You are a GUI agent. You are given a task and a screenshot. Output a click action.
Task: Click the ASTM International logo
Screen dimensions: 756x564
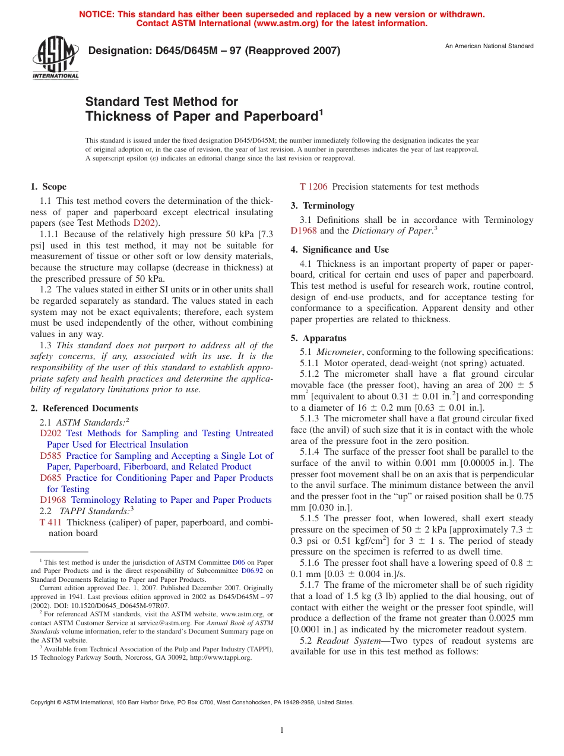point(55,58)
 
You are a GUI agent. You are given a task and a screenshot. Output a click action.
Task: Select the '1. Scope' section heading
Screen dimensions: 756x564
point(49,187)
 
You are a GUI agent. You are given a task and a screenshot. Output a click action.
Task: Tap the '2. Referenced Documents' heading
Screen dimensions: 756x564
point(84,408)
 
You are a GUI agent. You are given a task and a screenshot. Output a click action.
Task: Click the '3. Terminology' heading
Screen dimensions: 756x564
point(322,206)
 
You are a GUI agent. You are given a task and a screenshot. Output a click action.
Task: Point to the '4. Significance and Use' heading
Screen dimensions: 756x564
point(340,250)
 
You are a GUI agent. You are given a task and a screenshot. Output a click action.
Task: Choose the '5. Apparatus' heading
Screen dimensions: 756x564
point(318,338)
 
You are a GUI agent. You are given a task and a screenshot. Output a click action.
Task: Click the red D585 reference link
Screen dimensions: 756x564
point(50,456)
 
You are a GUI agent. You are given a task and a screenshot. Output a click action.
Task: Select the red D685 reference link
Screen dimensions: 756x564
point(50,478)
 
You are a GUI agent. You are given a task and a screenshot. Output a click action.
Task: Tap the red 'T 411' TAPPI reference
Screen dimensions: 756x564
point(50,522)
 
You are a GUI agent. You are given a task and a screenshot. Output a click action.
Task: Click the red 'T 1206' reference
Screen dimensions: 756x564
point(313,187)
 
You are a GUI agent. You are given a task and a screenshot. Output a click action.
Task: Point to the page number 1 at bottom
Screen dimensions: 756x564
point(282,730)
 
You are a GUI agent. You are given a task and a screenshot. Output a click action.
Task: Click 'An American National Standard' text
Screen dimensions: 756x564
point(489,46)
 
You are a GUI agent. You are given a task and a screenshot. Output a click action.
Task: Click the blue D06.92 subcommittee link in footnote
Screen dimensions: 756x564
point(252,571)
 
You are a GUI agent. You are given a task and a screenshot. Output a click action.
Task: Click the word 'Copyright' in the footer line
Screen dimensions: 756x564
point(43,702)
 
